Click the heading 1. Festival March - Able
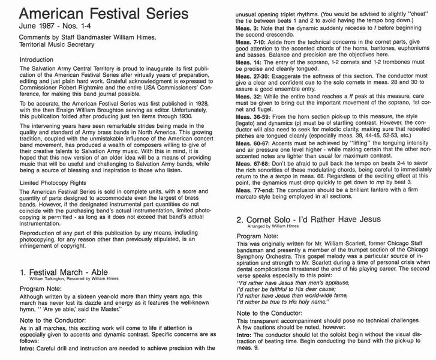(74, 256)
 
